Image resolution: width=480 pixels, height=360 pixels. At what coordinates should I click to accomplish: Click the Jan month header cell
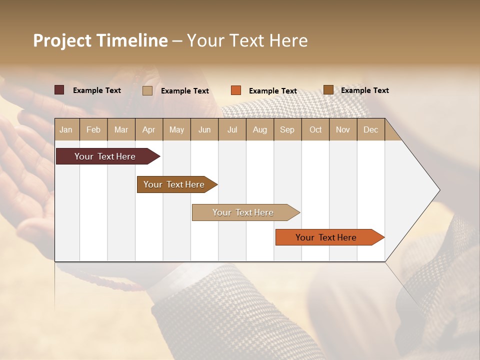pyautogui.click(x=66, y=129)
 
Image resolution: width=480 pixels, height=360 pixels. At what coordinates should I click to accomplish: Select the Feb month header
pyautogui.click(x=93, y=129)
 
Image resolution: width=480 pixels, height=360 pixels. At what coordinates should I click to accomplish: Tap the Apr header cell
pyautogui.click(x=148, y=129)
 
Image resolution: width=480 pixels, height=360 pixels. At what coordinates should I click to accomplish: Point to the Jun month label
pyautogui.click(x=204, y=129)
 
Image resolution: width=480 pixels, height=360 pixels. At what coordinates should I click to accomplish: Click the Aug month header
pyautogui.click(x=260, y=129)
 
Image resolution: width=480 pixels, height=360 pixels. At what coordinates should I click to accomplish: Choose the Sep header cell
pyautogui.click(x=287, y=129)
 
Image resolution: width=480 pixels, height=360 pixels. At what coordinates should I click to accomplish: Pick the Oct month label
pyautogui.click(x=315, y=129)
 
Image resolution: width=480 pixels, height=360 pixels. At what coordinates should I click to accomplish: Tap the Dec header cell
pyautogui.click(x=370, y=129)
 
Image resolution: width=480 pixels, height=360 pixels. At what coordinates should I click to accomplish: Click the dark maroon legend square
pyautogui.click(x=59, y=90)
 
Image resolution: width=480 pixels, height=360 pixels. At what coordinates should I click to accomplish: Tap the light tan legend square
pyautogui.click(x=147, y=90)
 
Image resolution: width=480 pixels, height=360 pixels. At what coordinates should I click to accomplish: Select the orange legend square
pyautogui.click(x=236, y=90)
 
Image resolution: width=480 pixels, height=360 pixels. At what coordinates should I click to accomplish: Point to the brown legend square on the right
pyautogui.click(x=328, y=90)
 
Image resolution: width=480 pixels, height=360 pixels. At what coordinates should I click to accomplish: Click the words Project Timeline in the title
pyautogui.click(x=100, y=40)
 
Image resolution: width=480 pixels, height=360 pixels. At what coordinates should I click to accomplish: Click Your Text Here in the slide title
pyautogui.click(x=247, y=40)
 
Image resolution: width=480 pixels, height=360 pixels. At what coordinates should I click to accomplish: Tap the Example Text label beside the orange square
pyautogui.click(x=273, y=91)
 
